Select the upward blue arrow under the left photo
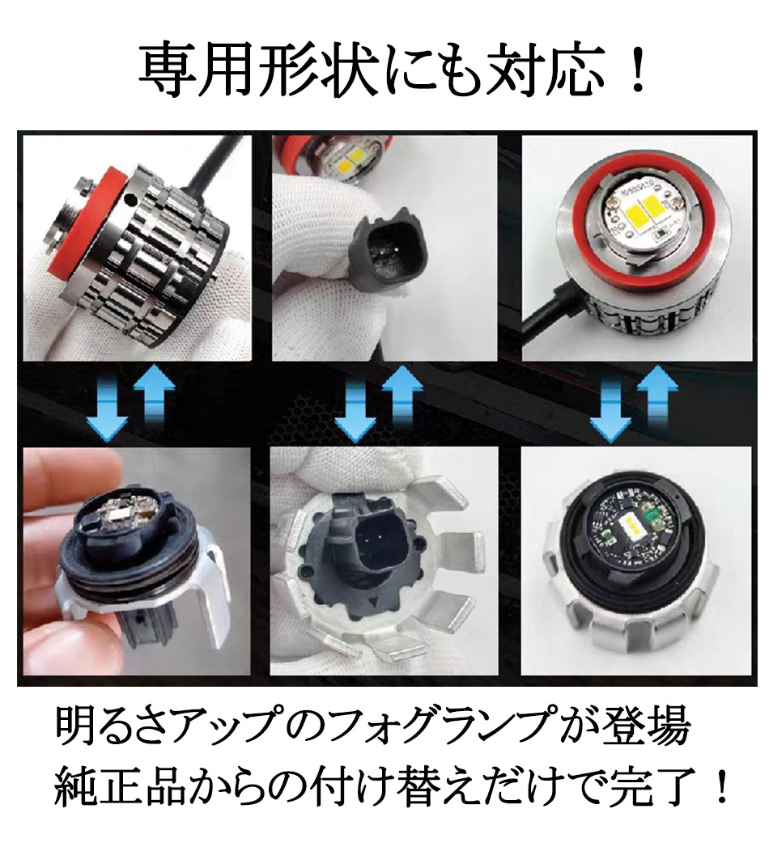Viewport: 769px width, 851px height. click(x=154, y=400)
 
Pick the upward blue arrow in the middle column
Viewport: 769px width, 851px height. click(x=402, y=400)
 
